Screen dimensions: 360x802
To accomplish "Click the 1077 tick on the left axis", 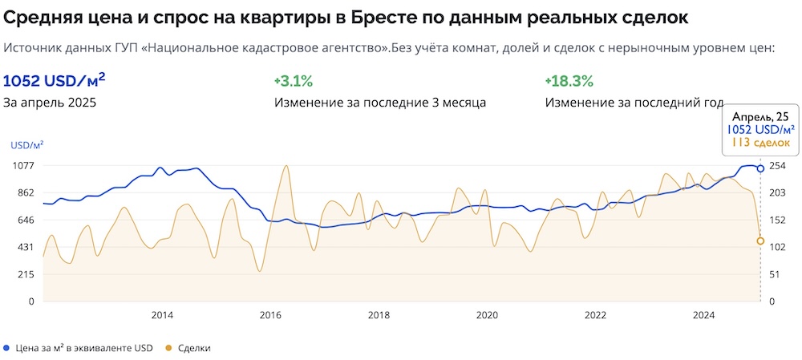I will tap(22, 165).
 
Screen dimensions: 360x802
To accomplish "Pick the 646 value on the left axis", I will tap(25, 220).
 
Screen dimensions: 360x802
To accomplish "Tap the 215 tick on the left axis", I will tap(25, 274).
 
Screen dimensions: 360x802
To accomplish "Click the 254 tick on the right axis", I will tap(778, 165).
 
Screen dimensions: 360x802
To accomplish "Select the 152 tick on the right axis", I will tap(778, 220).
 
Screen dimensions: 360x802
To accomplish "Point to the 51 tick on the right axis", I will tap(776, 274).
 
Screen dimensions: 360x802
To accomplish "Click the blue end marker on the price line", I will tap(760, 168).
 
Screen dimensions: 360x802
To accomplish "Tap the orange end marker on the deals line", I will tap(760, 241).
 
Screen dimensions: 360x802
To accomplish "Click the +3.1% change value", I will tap(293, 81).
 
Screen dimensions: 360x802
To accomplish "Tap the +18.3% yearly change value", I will tap(568, 81).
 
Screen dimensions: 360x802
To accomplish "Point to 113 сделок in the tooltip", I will tap(761, 143).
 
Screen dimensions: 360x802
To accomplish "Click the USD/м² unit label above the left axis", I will tap(26, 145).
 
